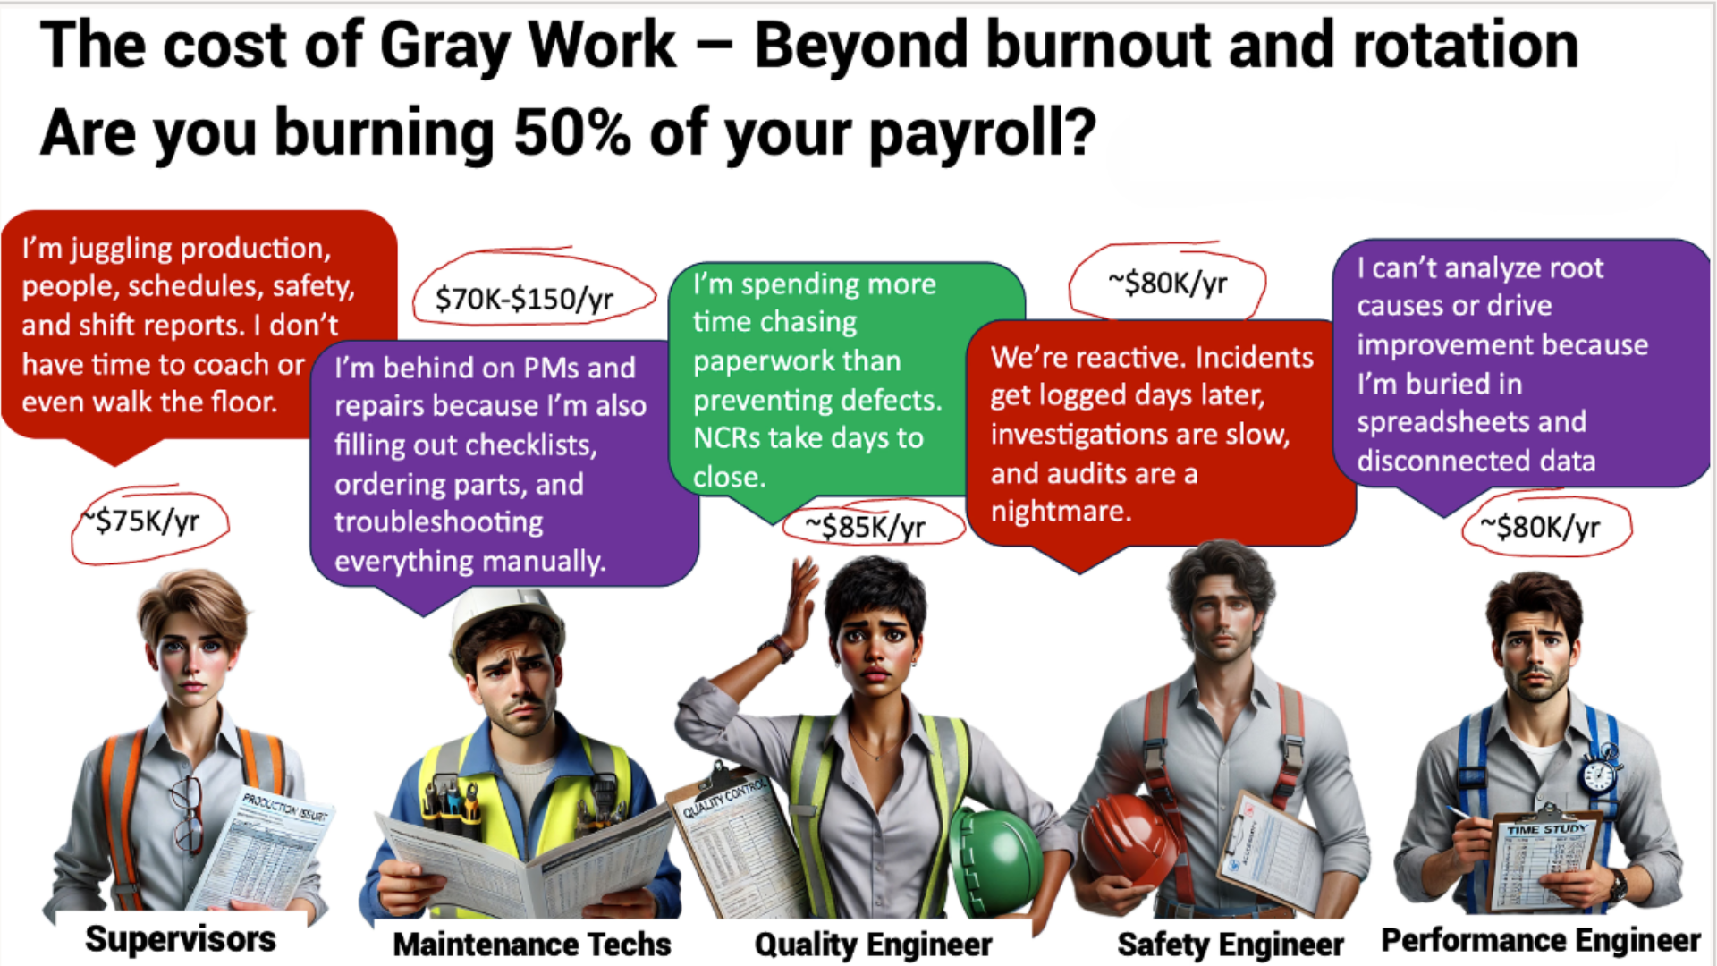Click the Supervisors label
coord(180,939)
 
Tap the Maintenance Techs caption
coord(532,945)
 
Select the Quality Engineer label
coord(873,945)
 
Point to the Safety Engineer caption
coord(1230,945)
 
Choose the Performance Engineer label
coord(1540,940)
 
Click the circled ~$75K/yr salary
coord(148,521)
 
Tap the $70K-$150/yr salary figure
coord(524,299)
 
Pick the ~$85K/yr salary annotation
coord(865,527)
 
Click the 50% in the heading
coord(571,132)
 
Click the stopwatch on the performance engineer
coord(1599,773)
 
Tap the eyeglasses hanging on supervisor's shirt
coord(189,814)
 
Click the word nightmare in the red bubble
coord(1061,512)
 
